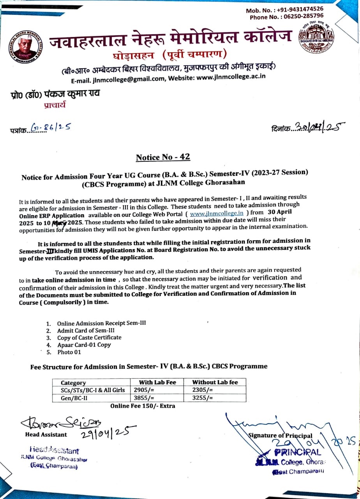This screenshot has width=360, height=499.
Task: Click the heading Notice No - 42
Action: [163, 157]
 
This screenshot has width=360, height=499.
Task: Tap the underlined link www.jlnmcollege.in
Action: [217, 213]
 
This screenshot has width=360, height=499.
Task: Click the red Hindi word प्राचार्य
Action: [55, 104]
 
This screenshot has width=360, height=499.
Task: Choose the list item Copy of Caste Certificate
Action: [89, 338]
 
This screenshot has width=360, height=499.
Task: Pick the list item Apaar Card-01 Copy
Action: [84, 345]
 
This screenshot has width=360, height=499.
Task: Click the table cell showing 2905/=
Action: [144, 390]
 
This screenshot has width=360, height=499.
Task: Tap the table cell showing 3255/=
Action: [203, 398]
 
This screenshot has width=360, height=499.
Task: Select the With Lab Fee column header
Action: [157, 382]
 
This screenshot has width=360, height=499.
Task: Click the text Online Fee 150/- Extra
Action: [143, 406]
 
